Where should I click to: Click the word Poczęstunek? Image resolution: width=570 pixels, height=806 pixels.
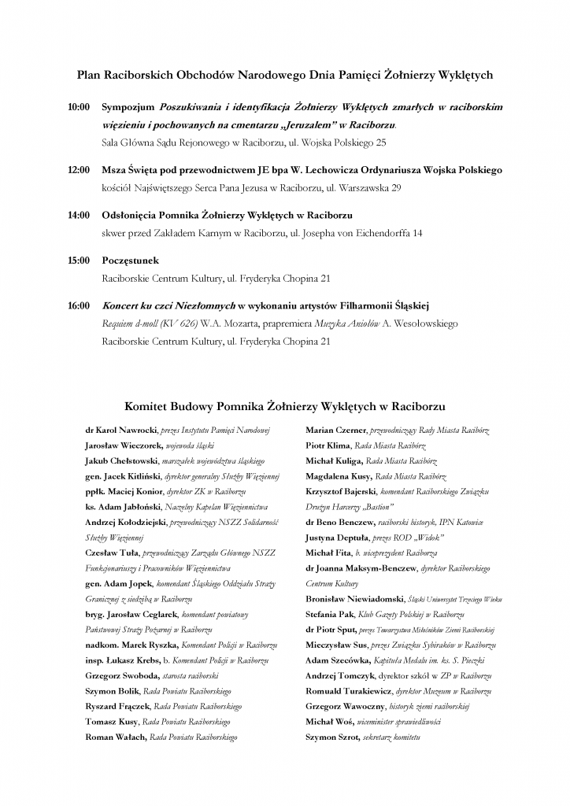click(x=131, y=260)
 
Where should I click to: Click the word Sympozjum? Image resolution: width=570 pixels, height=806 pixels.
click(x=128, y=105)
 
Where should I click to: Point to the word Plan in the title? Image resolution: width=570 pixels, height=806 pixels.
click(x=87, y=75)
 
